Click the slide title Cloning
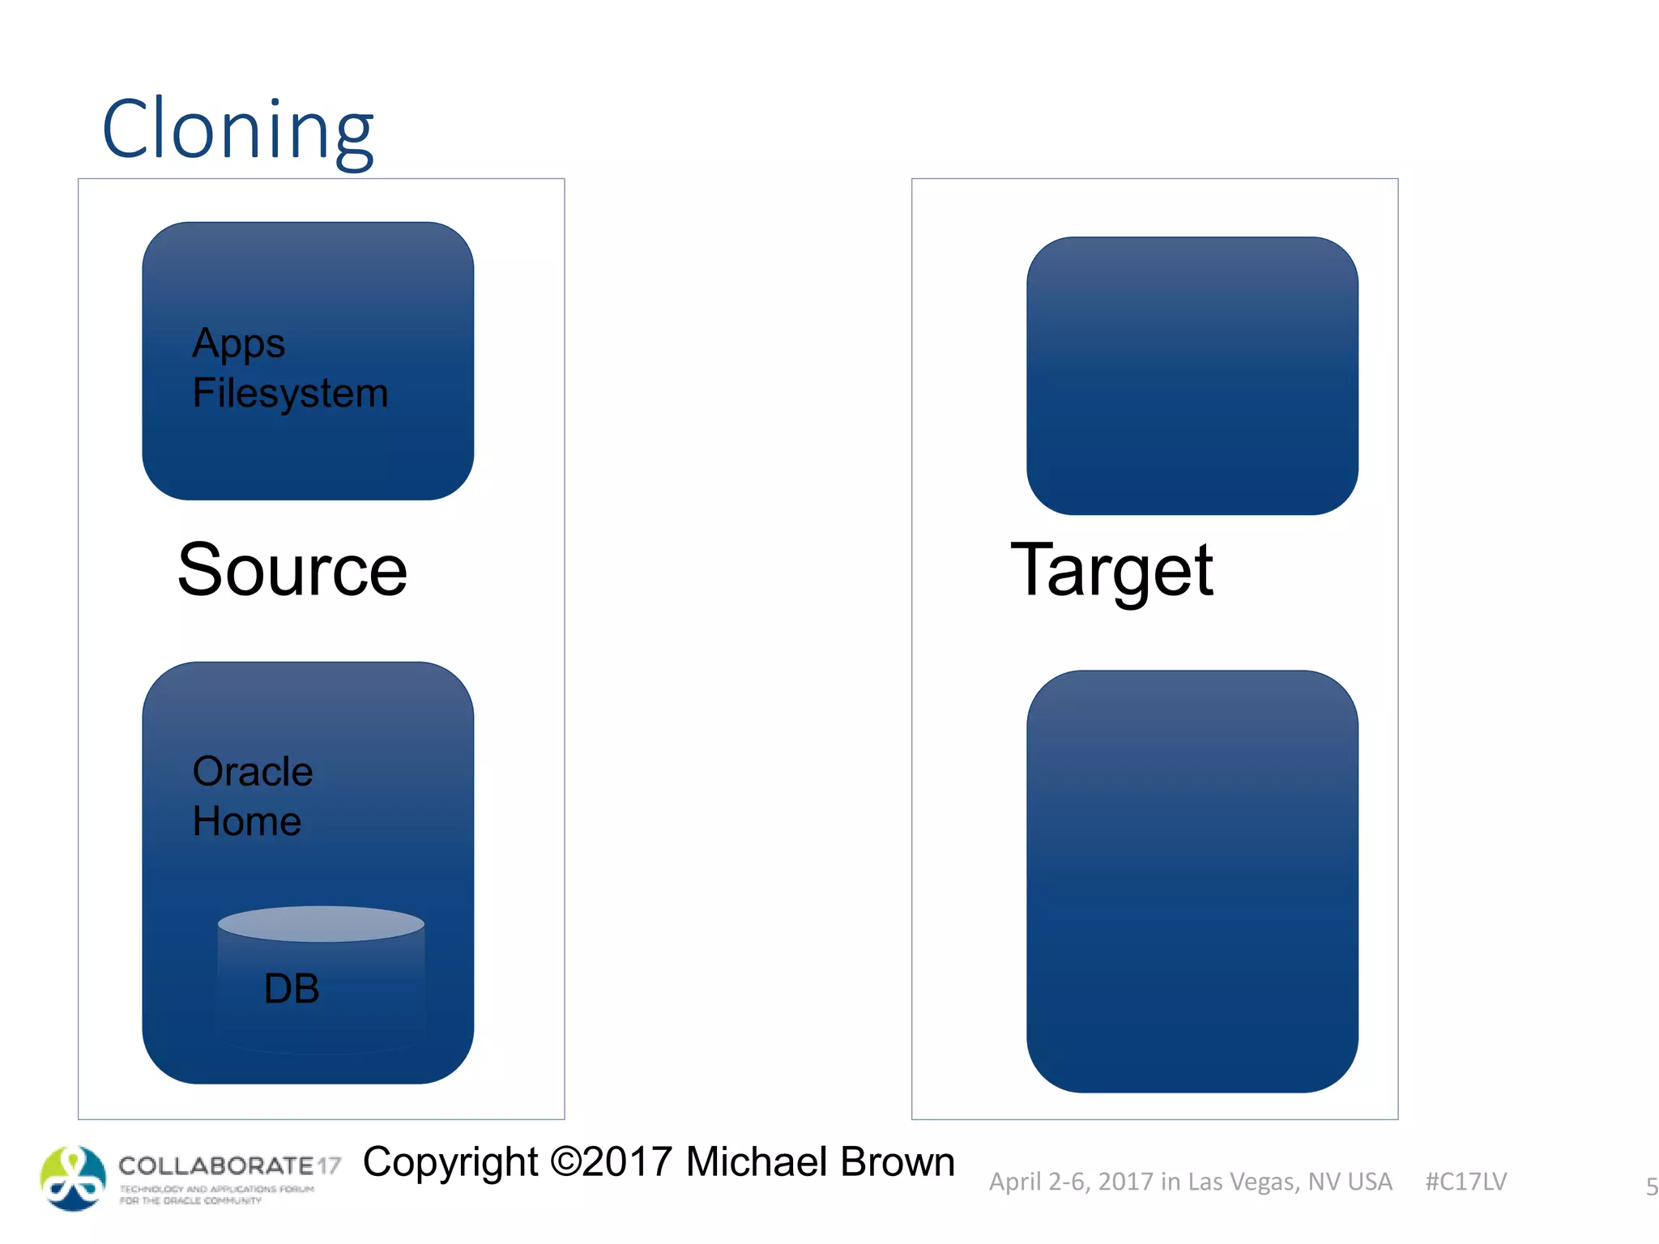coord(237,130)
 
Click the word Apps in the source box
coord(238,343)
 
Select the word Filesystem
coord(290,394)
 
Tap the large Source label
coord(292,570)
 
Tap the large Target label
coord(1111,570)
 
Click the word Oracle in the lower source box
coord(252,772)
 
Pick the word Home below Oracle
coord(247,822)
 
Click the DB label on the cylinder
coord(292,989)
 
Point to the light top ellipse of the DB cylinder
coord(321,924)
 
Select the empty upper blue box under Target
coord(1192,376)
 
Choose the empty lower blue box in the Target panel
coord(1192,881)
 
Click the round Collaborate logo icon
coord(73,1178)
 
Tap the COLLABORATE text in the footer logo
coord(215,1165)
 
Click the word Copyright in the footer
coord(450,1162)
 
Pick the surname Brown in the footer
coord(897,1162)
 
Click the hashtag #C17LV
coord(1465,1182)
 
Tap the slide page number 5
coord(1651,1187)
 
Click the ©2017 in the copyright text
coord(611,1162)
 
